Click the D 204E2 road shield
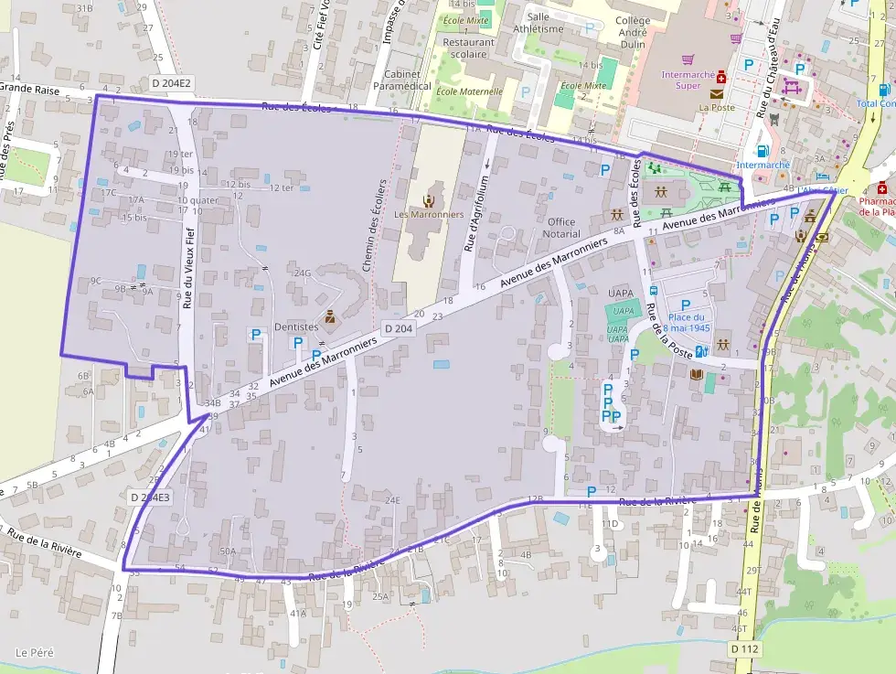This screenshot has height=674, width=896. tap(171, 82)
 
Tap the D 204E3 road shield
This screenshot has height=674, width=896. tap(149, 497)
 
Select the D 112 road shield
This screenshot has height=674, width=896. tap(746, 647)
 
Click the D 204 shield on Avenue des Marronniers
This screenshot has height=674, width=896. tap(399, 328)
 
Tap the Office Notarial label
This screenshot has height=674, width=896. tap(561, 228)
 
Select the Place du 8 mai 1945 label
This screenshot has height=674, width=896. tap(687, 322)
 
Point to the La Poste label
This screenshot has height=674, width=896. tap(717, 107)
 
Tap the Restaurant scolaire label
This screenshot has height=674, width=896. tap(468, 48)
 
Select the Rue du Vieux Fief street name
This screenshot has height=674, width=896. tap(187, 267)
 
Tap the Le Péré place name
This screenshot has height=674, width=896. tap(34, 653)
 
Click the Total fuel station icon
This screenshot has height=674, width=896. tap(884, 90)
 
